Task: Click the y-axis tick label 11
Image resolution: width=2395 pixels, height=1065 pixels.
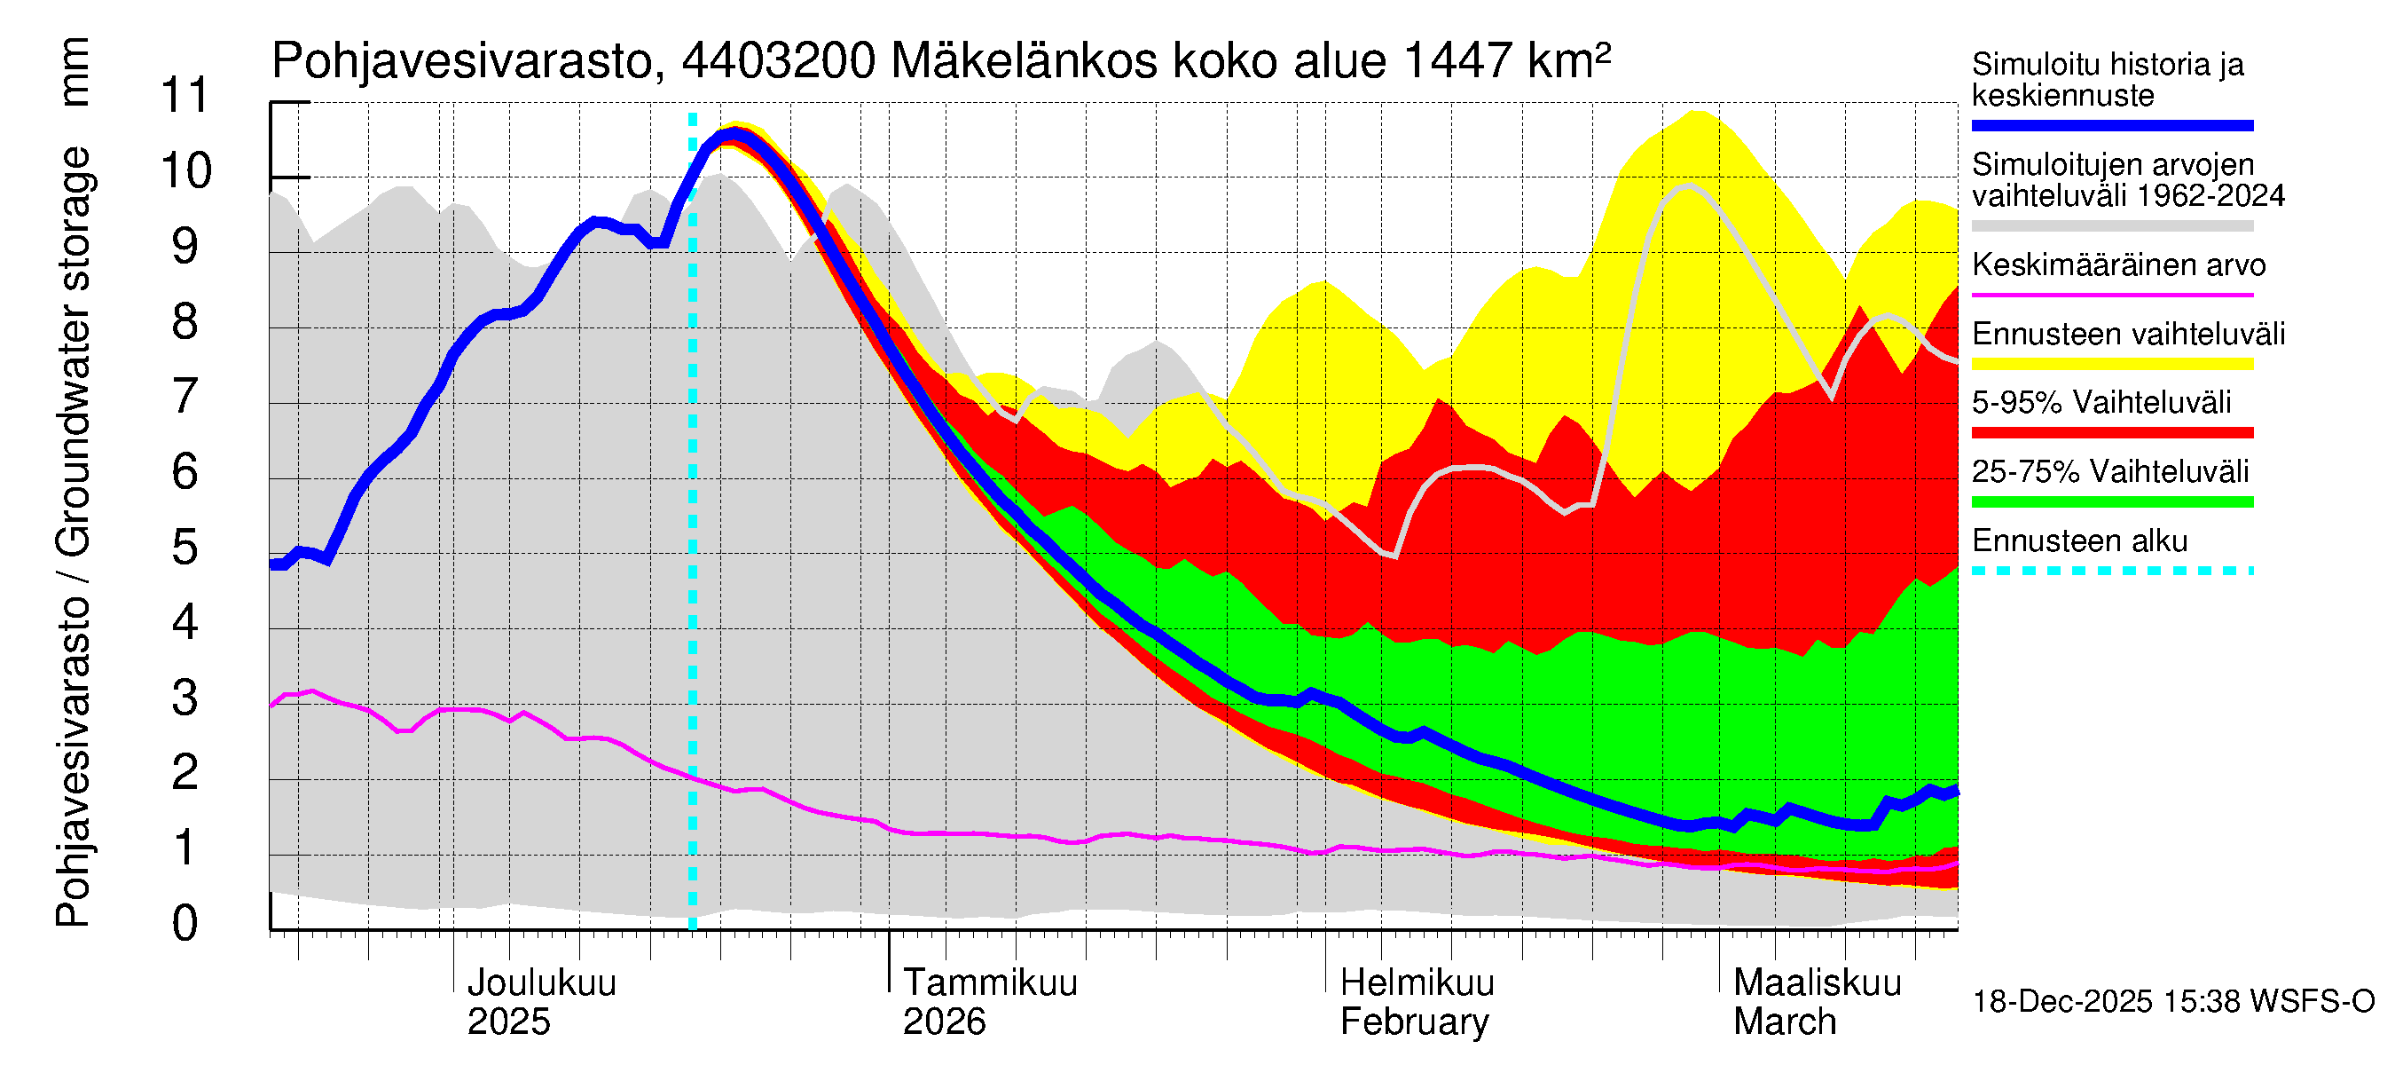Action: (186, 95)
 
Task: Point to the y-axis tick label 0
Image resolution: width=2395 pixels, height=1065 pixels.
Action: (185, 924)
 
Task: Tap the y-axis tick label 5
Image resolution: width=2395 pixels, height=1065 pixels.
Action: (185, 547)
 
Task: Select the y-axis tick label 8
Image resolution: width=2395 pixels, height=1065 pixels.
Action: (185, 321)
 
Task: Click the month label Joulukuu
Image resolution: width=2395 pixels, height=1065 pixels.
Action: (541, 983)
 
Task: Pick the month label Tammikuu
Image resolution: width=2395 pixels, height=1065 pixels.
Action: (989, 983)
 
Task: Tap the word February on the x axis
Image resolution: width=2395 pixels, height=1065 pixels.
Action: (1413, 1022)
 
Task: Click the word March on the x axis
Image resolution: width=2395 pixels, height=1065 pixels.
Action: (1784, 1022)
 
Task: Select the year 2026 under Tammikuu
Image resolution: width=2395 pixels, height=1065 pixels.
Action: (944, 1022)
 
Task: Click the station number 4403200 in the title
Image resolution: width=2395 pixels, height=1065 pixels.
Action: (778, 61)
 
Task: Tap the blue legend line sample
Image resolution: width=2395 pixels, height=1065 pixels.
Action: (2111, 125)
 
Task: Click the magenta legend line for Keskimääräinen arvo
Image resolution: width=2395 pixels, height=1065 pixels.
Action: (2111, 295)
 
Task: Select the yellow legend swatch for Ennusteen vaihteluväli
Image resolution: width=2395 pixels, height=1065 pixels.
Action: (2111, 364)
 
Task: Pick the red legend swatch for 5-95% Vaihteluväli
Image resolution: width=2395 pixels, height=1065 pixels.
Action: (2111, 432)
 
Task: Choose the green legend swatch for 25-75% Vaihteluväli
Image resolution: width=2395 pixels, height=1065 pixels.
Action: (2111, 502)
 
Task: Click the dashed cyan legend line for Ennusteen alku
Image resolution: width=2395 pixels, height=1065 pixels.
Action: (2111, 570)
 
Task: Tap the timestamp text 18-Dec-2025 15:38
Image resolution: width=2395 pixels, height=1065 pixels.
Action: (2061, 1002)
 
